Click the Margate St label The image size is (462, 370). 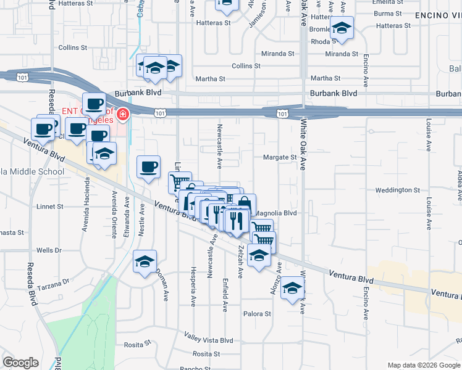coord(280,157)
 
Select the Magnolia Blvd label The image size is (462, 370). coord(276,213)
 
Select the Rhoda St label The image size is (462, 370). coord(324,42)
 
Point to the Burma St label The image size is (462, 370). coord(388,13)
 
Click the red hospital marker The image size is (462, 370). coord(123,114)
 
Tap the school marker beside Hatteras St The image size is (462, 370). coord(342,28)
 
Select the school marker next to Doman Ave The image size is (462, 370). coord(145,262)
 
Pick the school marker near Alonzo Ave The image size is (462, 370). coord(293,287)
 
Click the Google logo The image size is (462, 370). coord(20,363)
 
